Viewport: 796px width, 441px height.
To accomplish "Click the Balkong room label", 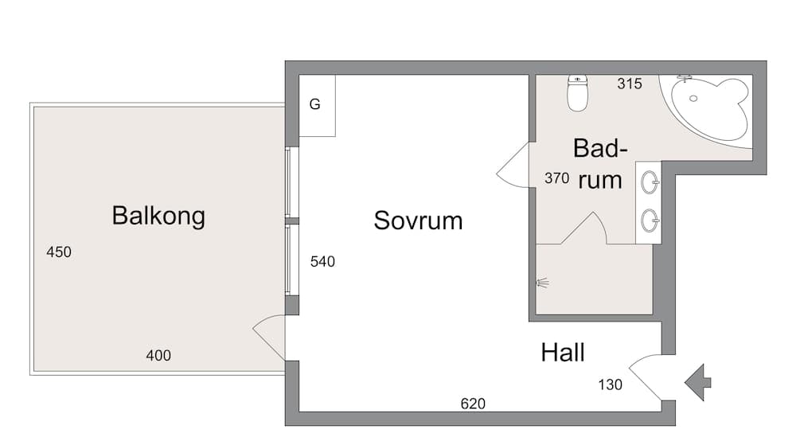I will point(158,216).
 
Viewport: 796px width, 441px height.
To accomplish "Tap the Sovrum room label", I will point(418,220).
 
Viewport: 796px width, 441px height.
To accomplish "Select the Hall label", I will point(563,352).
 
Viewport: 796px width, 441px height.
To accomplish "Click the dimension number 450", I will point(59,252).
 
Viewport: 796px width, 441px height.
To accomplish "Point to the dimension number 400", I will point(158,356).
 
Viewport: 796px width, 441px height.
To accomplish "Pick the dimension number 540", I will point(322,261).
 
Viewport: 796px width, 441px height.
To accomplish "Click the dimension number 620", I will point(473,404).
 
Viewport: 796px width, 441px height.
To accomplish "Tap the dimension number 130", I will point(611,385).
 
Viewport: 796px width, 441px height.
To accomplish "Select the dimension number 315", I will point(629,84).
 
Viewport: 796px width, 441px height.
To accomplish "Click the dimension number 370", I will point(556,178).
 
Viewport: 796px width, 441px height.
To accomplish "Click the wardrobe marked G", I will point(316,105).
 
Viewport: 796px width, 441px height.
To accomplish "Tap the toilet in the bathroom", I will point(577,93).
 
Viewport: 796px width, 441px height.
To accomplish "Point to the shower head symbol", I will point(543,282).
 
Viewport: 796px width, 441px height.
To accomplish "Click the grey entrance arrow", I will point(698,381).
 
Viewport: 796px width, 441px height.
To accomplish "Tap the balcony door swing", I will point(269,334).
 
